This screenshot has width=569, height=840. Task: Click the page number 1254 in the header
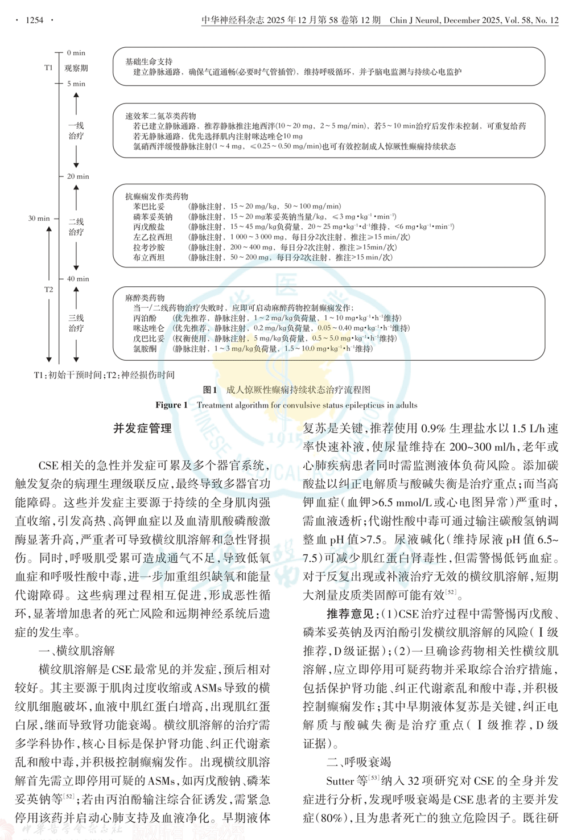click(x=34, y=20)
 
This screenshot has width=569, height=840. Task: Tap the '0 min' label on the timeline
click(x=76, y=53)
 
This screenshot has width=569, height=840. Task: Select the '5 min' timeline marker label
click(x=76, y=84)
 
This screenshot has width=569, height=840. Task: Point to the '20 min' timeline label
click(x=78, y=176)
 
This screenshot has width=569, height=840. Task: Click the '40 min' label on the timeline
click(x=78, y=279)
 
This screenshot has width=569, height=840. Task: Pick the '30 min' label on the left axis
click(x=39, y=219)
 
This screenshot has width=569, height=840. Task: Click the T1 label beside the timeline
click(x=48, y=68)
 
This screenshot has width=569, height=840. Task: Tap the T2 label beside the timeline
click(x=48, y=290)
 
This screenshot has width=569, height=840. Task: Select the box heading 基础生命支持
click(x=149, y=61)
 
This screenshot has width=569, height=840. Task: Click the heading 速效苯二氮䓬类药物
click(x=160, y=116)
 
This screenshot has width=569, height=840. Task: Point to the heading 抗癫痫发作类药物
click(x=156, y=196)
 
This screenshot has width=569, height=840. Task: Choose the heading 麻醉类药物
click(x=145, y=298)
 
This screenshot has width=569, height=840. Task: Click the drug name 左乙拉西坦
click(x=152, y=237)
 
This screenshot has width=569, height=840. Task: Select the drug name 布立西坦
click(x=149, y=258)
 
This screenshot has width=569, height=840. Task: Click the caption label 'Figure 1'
click(x=171, y=405)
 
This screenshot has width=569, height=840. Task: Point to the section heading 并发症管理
click(x=142, y=429)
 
